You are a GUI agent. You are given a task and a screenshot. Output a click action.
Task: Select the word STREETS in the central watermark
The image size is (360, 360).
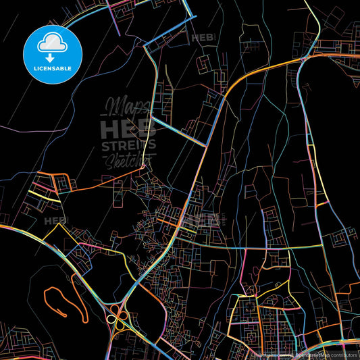128,145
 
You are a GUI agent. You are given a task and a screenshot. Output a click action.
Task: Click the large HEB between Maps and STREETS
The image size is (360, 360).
128,128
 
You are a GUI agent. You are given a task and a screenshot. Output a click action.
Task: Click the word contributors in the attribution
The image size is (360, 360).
342,353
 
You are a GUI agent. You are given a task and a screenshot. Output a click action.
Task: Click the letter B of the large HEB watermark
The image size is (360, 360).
147,128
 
